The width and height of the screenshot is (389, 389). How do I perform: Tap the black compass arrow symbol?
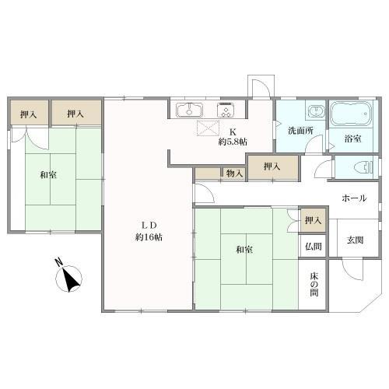click(72, 279)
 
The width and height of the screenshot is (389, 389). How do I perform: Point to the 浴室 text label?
click(352, 138)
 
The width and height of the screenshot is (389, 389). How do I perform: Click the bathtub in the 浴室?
click(352, 115)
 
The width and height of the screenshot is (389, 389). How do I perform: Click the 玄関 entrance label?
click(355, 238)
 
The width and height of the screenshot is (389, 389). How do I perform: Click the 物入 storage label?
click(235, 173)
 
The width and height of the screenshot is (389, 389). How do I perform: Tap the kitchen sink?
click(189, 110)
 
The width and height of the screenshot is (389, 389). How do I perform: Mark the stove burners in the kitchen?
click(226, 110)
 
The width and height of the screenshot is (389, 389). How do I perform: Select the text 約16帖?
click(148, 237)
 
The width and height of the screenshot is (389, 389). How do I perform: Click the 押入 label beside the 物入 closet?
click(272, 166)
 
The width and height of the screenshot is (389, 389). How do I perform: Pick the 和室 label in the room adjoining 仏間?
click(244, 249)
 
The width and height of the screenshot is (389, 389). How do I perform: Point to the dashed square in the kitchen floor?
click(206, 129)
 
